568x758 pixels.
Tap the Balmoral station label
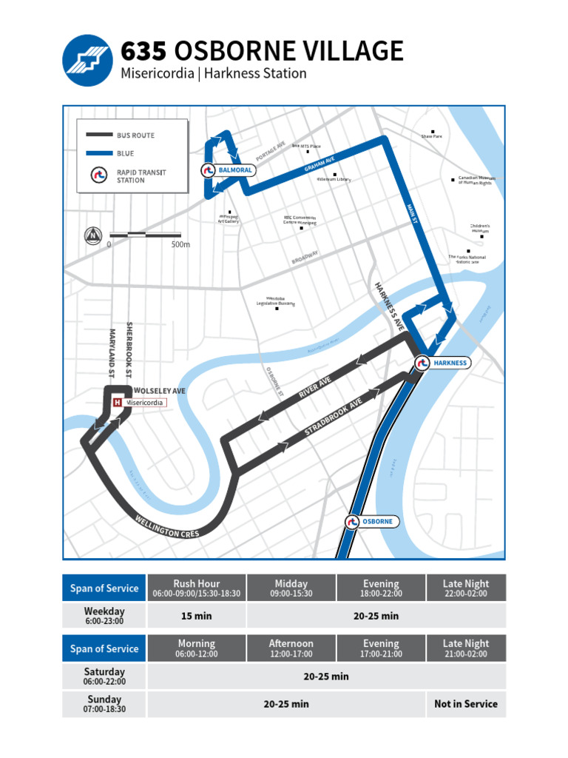(x=235, y=170)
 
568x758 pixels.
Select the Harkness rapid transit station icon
(x=422, y=363)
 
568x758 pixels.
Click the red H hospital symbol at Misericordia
(x=118, y=403)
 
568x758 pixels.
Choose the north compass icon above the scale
(x=93, y=235)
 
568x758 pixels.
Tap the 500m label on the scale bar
(x=180, y=244)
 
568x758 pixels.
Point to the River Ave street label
(x=315, y=387)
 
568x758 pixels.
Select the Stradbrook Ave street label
(x=334, y=420)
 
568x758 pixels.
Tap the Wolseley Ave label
(x=160, y=390)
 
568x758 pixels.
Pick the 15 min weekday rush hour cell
(x=197, y=616)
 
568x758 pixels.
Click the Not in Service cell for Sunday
(x=465, y=704)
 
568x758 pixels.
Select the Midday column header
(x=291, y=588)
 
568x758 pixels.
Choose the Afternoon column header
(x=291, y=648)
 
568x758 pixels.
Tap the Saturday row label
(x=104, y=676)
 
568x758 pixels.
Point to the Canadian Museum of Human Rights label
(x=475, y=181)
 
